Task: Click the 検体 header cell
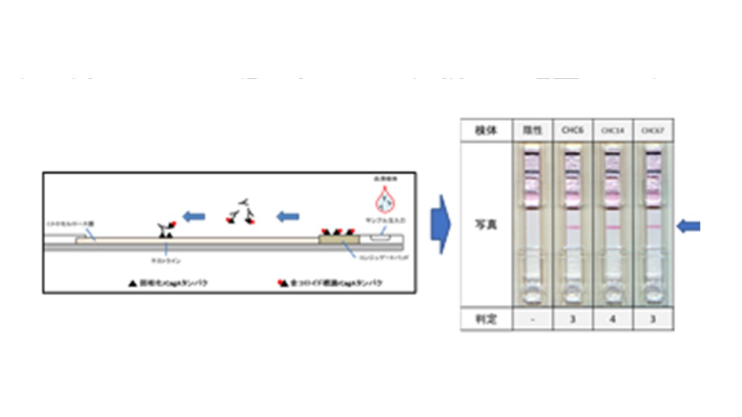pyautogui.click(x=486, y=130)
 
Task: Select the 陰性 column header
pyautogui.click(x=532, y=130)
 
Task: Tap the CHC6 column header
pyautogui.click(x=573, y=130)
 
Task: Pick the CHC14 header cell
pyautogui.click(x=613, y=130)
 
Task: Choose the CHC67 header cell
pyautogui.click(x=653, y=130)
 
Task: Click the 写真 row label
pyautogui.click(x=486, y=225)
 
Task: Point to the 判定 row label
pyautogui.click(x=486, y=319)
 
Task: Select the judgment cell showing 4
pyautogui.click(x=613, y=319)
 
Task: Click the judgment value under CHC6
pyautogui.click(x=573, y=319)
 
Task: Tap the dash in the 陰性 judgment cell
pyautogui.click(x=532, y=319)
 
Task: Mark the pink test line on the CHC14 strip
pyautogui.click(x=613, y=228)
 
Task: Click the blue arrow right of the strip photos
pyautogui.click(x=689, y=226)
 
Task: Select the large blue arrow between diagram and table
pyautogui.click(x=440, y=225)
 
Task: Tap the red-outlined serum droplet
pyautogui.click(x=383, y=203)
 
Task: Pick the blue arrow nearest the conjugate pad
pyautogui.click(x=288, y=217)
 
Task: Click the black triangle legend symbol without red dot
pyautogui.click(x=132, y=283)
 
